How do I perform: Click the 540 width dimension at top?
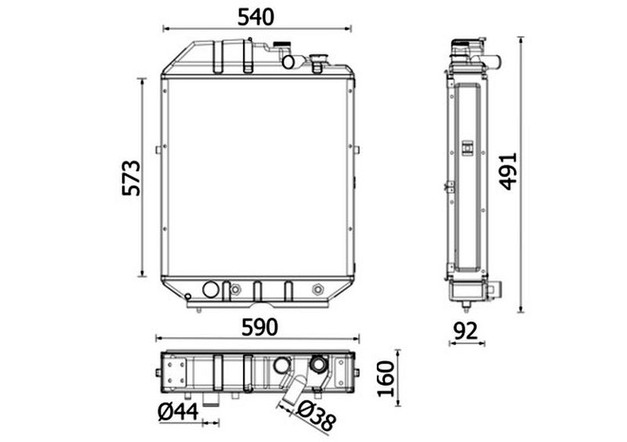click(x=256, y=16)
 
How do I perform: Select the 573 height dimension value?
click(x=132, y=178)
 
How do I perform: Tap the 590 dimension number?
click(x=259, y=328)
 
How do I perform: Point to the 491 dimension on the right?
click(x=508, y=171)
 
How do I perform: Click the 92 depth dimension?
click(x=466, y=331)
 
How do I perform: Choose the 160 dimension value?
click(x=386, y=378)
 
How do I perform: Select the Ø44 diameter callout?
click(x=178, y=411)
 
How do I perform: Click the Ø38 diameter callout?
click(x=317, y=416)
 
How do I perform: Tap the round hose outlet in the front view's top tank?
click(x=288, y=62)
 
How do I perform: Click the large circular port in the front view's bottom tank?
click(x=211, y=290)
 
